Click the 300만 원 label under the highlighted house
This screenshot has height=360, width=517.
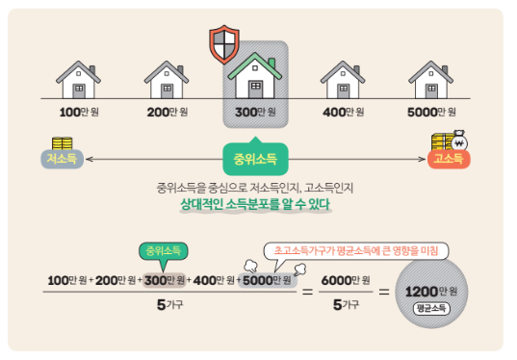[x=255, y=112]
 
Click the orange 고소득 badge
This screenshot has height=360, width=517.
[x=447, y=158]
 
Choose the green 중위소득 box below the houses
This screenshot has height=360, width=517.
[x=255, y=157]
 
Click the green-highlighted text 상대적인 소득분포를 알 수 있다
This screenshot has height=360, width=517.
[x=255, y=205]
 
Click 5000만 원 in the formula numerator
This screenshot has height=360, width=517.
[x=268, y=280]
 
